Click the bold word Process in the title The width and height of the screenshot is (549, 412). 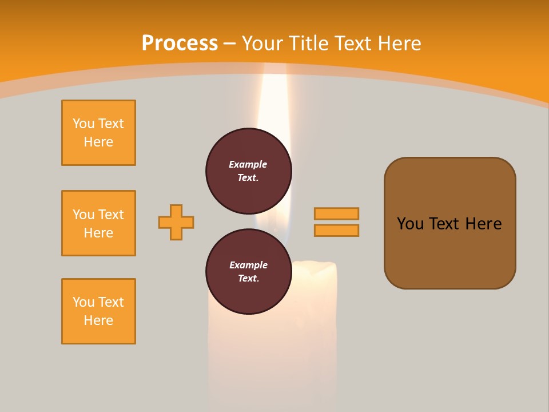[180, 43]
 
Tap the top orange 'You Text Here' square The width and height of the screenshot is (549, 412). [98, 133]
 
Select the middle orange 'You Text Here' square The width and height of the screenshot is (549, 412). [98, 223]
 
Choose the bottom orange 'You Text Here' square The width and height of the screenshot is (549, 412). [98, 311]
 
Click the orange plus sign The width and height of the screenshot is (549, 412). [176, 222]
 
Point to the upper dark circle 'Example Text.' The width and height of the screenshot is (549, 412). [249, 171]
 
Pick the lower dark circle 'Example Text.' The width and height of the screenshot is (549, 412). [249, 271]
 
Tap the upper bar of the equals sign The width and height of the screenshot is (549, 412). [336, 213]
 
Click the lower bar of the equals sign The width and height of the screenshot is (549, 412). [336, 231]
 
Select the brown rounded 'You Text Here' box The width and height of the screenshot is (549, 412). [449, 223]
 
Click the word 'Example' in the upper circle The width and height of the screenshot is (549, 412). [248, 164]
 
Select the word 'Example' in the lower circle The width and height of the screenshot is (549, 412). [248, 265]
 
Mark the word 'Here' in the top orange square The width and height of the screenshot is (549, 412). [98, 142]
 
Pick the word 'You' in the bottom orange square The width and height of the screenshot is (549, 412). [83, 302]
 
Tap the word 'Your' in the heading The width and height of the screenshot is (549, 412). [265, 43]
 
